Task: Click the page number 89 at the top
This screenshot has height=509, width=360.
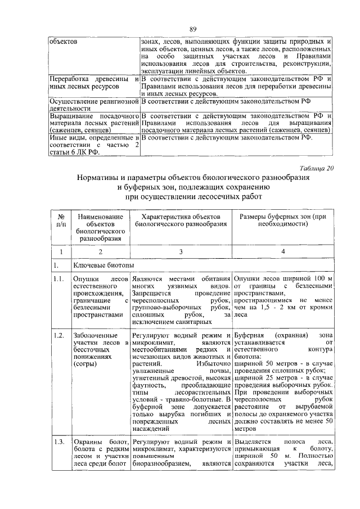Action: point(192,29)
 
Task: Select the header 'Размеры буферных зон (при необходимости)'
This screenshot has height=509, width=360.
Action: point(283,220)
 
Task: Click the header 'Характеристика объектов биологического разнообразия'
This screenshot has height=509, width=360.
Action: point(181,220)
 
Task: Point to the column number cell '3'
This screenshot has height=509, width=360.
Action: point(181,251)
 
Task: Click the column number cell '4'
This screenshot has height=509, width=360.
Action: point(283,251)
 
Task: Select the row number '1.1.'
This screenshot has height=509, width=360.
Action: point(57,278)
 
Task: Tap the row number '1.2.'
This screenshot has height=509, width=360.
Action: point(57,336)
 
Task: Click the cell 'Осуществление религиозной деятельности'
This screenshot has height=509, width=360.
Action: point(94,105)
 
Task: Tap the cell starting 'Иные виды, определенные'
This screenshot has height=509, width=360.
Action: point(94,144)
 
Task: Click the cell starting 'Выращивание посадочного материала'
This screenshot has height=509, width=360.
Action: point(94,123)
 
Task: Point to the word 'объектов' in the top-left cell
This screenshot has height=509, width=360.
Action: point(64,42)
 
